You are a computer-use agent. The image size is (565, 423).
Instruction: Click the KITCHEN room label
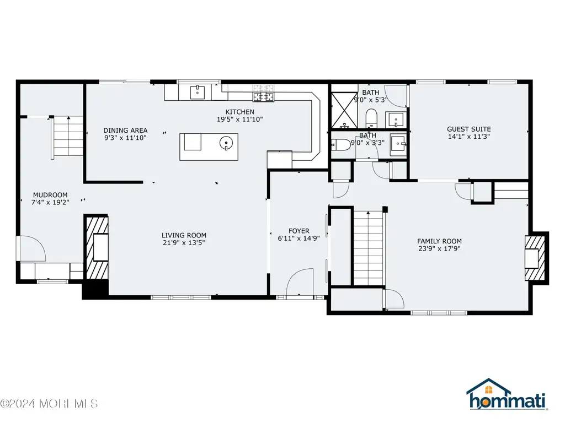coord(239,112)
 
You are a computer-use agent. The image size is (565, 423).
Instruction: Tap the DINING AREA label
coord(125,130)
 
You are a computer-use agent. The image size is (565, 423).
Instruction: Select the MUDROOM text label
coord(50,195)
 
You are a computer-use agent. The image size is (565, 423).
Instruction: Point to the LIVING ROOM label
coord(184,235)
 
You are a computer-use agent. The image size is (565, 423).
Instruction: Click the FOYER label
coord(299,231)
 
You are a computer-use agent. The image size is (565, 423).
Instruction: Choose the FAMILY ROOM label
coord(439,241)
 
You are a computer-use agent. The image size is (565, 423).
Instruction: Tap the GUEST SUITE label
coord(469,129)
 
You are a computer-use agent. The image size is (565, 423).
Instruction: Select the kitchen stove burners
coord(263,93)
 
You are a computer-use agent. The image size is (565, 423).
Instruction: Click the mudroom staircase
coord(67,137)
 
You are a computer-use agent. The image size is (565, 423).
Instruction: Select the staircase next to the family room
coord(368,248)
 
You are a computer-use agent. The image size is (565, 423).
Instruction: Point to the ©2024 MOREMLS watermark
coord(49,404)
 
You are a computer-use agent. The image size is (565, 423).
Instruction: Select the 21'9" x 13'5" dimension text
coord(184,243)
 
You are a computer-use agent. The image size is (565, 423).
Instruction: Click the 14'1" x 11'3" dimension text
coord(469,137)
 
